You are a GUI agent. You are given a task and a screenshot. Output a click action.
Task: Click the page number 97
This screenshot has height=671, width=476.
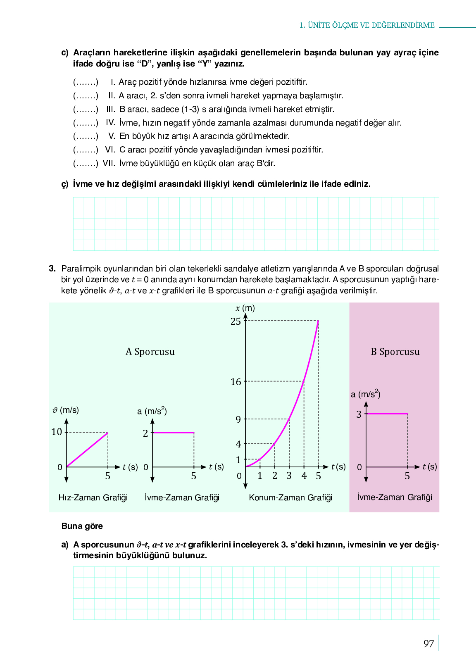[428, 644]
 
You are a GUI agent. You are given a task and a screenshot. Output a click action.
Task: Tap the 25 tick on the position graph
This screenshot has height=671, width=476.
[236, 321]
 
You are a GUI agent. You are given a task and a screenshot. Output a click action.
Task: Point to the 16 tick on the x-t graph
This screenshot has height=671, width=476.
[236, 382]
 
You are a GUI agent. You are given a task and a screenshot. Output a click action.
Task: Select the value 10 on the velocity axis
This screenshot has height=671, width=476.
[57, 432]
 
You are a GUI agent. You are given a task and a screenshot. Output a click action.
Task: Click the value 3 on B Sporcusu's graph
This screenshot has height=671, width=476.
[359, 414]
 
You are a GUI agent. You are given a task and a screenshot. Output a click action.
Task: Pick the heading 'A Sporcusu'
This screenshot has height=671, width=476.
[150, 352]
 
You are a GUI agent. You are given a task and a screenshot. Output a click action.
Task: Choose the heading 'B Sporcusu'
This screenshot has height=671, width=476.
[395, 352]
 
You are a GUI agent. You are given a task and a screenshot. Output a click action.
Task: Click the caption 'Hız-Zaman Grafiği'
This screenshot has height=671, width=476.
[93, 497]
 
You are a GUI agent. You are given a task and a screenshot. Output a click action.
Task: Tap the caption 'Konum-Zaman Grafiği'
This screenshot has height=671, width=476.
[290, 497]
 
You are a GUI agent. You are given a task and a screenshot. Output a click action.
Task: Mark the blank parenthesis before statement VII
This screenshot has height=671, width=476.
[86, 164]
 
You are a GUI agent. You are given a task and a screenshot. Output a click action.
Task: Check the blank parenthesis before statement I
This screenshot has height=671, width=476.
[86, 82]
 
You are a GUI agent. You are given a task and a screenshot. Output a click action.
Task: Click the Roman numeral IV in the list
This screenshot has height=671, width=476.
[110, 123]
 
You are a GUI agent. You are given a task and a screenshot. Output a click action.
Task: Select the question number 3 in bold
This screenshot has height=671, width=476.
[52, 269]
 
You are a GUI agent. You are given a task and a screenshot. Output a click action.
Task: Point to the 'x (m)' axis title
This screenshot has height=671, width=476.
[245, 308]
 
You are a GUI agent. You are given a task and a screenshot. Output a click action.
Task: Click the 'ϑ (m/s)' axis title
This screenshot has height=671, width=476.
[66, 410]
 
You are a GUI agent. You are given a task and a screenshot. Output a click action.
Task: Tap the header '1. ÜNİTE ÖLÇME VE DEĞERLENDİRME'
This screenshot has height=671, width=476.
[367, 25]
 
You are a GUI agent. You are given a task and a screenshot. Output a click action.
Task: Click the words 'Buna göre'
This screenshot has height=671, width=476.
[82, 526]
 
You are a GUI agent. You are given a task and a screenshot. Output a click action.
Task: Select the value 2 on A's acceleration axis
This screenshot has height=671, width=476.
[145, 433]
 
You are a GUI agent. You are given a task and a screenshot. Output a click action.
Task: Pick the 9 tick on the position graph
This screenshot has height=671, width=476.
[238, 420]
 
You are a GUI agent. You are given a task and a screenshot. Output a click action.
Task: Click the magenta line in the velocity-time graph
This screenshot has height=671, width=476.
[87, 450]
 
